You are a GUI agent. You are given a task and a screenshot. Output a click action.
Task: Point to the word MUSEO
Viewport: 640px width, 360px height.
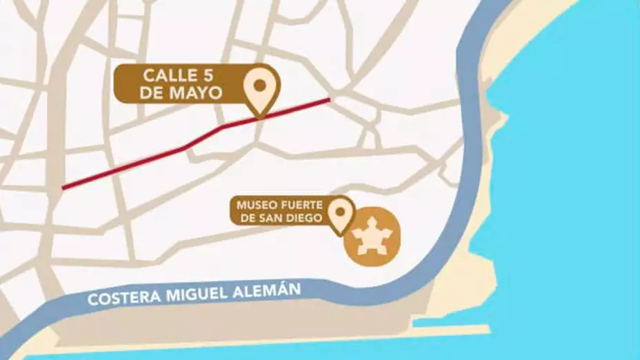(x=253, y=206)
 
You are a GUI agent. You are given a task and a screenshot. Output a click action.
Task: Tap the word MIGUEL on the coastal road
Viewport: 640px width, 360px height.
(x=191, y=295)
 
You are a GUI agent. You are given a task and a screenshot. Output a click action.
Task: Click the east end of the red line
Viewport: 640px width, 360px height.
(x=328, y=100)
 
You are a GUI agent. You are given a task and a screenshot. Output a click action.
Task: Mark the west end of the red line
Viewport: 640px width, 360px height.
(x=63, y=187)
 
